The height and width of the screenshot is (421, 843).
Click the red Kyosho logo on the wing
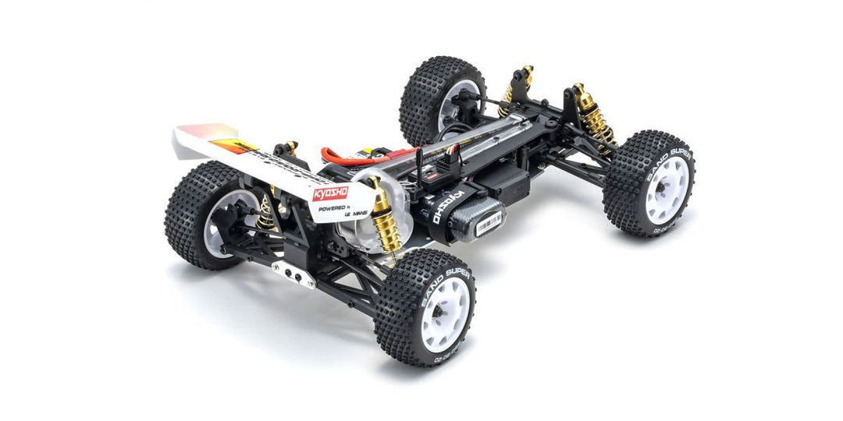click(x=329, y=193)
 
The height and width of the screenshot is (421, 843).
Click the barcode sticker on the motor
click(x=489, y=224)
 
